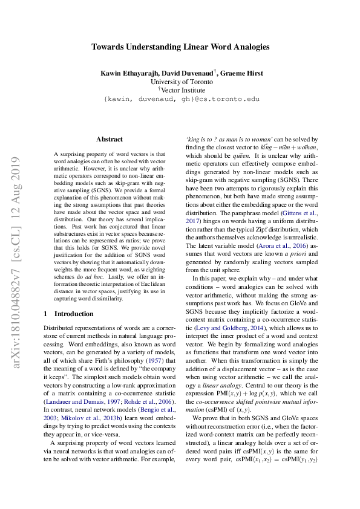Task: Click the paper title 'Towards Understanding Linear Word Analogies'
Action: pos(180,47)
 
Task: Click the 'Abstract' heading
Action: pos(109,139)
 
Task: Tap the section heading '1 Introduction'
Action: pos(69,314)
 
